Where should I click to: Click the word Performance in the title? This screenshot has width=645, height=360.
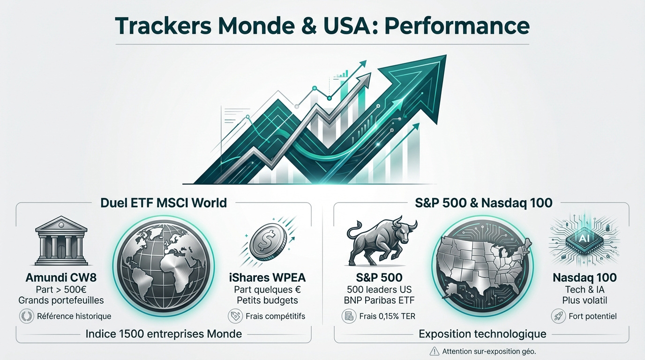coord(457,26)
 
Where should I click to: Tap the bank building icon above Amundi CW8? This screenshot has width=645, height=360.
coord(61,240)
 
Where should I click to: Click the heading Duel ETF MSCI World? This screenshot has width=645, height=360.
coord(164,203)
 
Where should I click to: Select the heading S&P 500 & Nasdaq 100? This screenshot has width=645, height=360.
coord(484,203)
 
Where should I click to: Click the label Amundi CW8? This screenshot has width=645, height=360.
coord(61,277)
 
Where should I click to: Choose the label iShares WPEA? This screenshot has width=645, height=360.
coord(268,277)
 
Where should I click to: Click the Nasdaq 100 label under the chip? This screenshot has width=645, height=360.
coord(585,277)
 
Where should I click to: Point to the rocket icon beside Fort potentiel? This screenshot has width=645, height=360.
coord(558,316)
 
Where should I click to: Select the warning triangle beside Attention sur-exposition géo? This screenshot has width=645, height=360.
coord(434,351)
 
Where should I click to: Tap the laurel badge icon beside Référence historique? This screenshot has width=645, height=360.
coord(26,316)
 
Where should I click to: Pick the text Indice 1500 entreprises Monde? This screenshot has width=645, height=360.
coord(164,334)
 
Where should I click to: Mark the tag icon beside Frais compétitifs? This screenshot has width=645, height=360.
coord(235,316)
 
